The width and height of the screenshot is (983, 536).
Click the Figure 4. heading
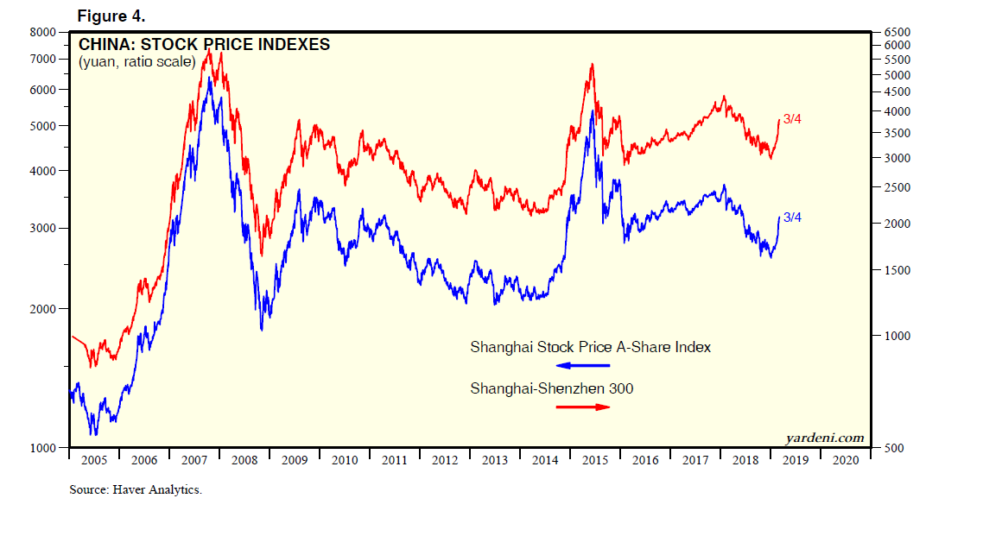click(112, 16)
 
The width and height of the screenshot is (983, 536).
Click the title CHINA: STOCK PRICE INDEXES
click(204, 44)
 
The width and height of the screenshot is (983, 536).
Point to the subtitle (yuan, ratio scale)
click(137, 62)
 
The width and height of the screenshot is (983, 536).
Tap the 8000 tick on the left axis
click(43, 32)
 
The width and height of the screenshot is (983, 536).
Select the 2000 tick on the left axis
click(43, 309)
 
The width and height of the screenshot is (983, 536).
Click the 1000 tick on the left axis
click(43, 448)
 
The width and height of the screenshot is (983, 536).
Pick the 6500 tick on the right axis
click(898, 33)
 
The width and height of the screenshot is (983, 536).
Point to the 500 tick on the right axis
click(895, 448)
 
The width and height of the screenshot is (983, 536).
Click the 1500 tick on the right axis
click(898, 270)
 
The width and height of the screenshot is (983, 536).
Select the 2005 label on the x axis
click(93, 461)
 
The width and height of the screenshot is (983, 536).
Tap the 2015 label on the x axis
click(595, 461)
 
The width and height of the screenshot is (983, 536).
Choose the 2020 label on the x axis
click(846, 461)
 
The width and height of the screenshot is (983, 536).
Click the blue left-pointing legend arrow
click(581, 366)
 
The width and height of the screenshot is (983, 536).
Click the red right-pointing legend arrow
click(581, 407)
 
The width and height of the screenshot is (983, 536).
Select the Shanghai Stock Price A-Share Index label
click(591, 347)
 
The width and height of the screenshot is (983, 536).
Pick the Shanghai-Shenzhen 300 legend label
click(551, 388)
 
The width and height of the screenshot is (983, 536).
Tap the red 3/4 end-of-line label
click(792, 119)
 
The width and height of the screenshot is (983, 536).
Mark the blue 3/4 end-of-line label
click(792, 218)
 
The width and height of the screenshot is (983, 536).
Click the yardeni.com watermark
click(824, 438)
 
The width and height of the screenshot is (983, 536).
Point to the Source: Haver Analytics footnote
click(136, 490)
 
